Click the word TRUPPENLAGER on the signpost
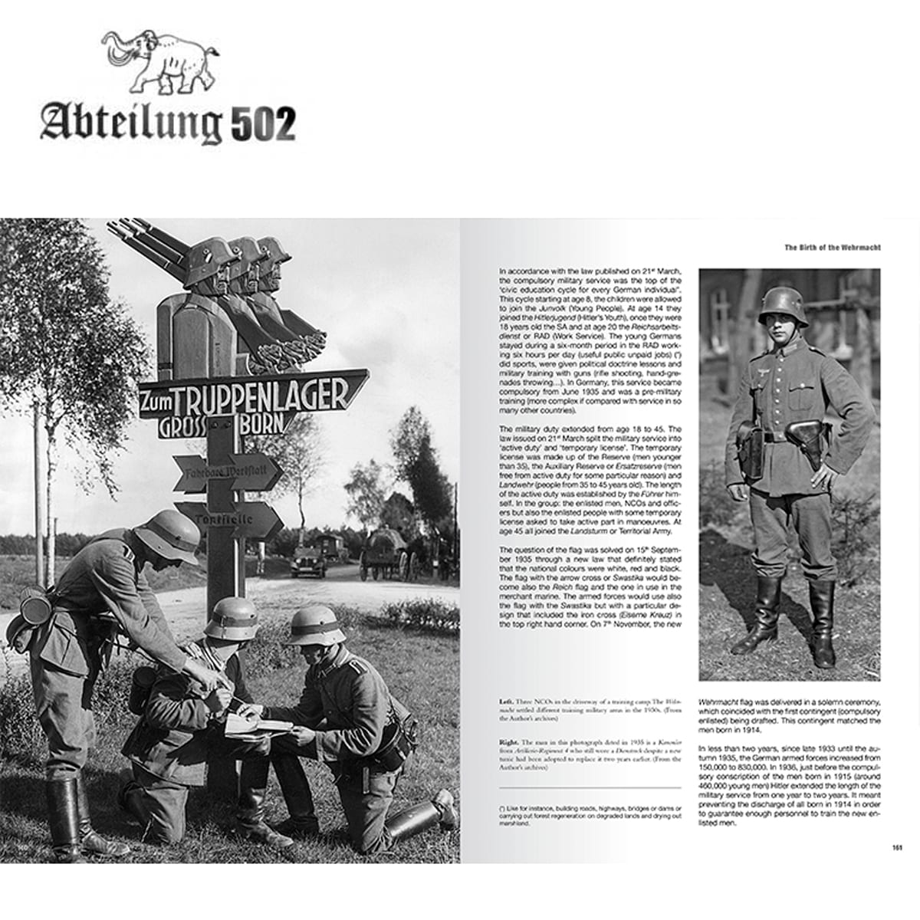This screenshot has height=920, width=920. pyautogui.click(x=261, y=396)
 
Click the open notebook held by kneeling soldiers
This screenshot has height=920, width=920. pyautogui.click(x=257, y=724)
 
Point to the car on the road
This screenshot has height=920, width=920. pyautogui.click(x=310, y=561)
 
